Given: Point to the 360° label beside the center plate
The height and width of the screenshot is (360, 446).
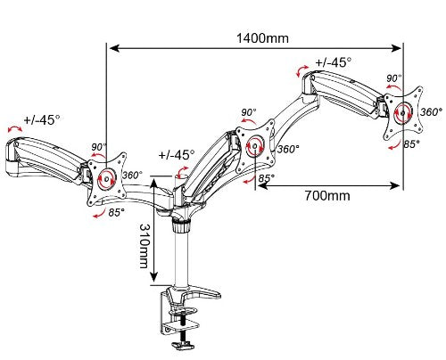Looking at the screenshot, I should (287, 150).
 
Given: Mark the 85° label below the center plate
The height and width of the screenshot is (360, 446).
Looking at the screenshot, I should (265, 179).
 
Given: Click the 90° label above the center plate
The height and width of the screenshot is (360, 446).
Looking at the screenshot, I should (249, 112).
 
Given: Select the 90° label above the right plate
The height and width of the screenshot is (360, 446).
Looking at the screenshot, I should (393, 78).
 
